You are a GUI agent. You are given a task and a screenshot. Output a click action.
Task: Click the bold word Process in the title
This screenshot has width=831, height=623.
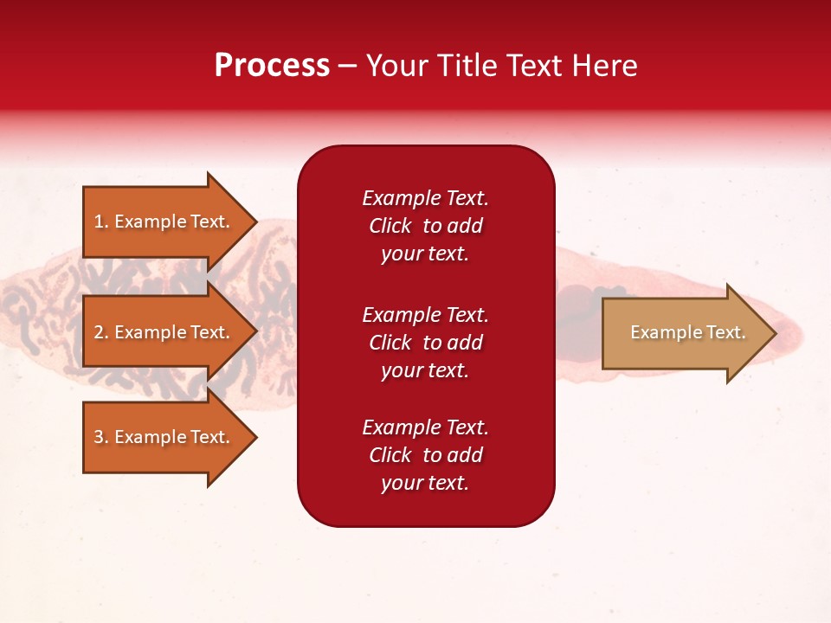pyautogui.click(x=272, y=66)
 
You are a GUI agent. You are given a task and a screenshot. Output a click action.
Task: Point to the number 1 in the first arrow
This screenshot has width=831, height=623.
pyautogui.click(x=99, y=222)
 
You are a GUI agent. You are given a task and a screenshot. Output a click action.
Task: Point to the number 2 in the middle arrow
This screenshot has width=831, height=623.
pyautogui.click(x=99, y=332)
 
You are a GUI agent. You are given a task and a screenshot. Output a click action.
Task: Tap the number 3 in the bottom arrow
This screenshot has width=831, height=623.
pyautogui.click(x=99, y=437)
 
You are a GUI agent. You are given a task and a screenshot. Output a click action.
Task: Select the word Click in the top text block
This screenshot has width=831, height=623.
pyautogui.click(x=390, y=226)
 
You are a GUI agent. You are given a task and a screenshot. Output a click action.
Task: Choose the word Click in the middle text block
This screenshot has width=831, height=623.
pyautogui.click(x=390, y=343)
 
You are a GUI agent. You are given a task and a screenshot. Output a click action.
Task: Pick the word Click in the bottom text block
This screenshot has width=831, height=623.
pyautogui.click(x=390, y=455)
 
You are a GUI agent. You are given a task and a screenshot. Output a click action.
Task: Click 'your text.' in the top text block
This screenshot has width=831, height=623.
pyautogui.click(x=424, y=254)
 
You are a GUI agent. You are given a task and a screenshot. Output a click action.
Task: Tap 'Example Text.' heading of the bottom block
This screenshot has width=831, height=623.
pyautogui.click(x=425, y=427)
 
